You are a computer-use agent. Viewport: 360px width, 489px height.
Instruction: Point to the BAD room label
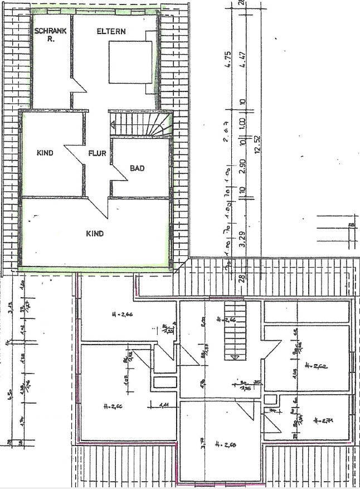tap(138, 167)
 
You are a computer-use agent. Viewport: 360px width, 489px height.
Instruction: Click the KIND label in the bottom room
tap(95, 234)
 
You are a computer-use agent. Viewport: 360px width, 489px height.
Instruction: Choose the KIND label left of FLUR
tap(45, 153)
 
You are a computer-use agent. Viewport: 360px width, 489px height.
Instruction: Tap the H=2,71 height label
tap(323, 420)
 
